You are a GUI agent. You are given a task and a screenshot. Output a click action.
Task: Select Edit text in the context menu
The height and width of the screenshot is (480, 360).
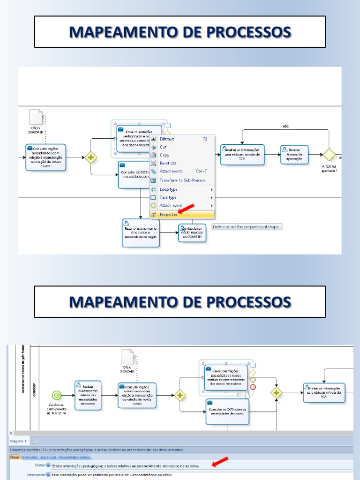point(167,139)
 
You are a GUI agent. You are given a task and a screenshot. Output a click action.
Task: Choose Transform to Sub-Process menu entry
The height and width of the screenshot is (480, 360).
point(182,180)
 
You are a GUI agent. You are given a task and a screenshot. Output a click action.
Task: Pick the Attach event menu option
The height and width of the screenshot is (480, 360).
point(171,206)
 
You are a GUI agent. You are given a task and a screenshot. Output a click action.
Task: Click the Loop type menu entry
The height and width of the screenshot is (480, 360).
point(169,189)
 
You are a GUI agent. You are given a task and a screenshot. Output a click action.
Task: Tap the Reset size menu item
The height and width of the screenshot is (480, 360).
point(168,163)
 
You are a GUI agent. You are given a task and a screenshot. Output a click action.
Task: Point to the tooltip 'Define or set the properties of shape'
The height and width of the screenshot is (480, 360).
point(247,227)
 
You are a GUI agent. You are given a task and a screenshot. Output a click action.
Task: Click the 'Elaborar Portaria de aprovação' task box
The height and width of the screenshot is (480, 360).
point(294,155)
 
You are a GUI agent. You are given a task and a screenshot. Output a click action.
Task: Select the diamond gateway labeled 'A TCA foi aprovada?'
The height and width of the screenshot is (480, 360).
point(329,154)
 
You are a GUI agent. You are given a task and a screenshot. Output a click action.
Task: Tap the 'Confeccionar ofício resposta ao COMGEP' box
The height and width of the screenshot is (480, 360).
point(192,233)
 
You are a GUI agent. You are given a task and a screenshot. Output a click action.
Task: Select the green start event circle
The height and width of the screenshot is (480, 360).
point(57,395)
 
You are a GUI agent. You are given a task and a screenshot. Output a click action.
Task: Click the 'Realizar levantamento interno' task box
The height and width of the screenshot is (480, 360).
point(88,394)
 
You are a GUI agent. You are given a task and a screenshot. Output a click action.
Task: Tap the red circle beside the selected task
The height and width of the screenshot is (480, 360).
point(253,387)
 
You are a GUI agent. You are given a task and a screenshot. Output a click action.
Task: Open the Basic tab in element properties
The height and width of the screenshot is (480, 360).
point(15,457)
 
